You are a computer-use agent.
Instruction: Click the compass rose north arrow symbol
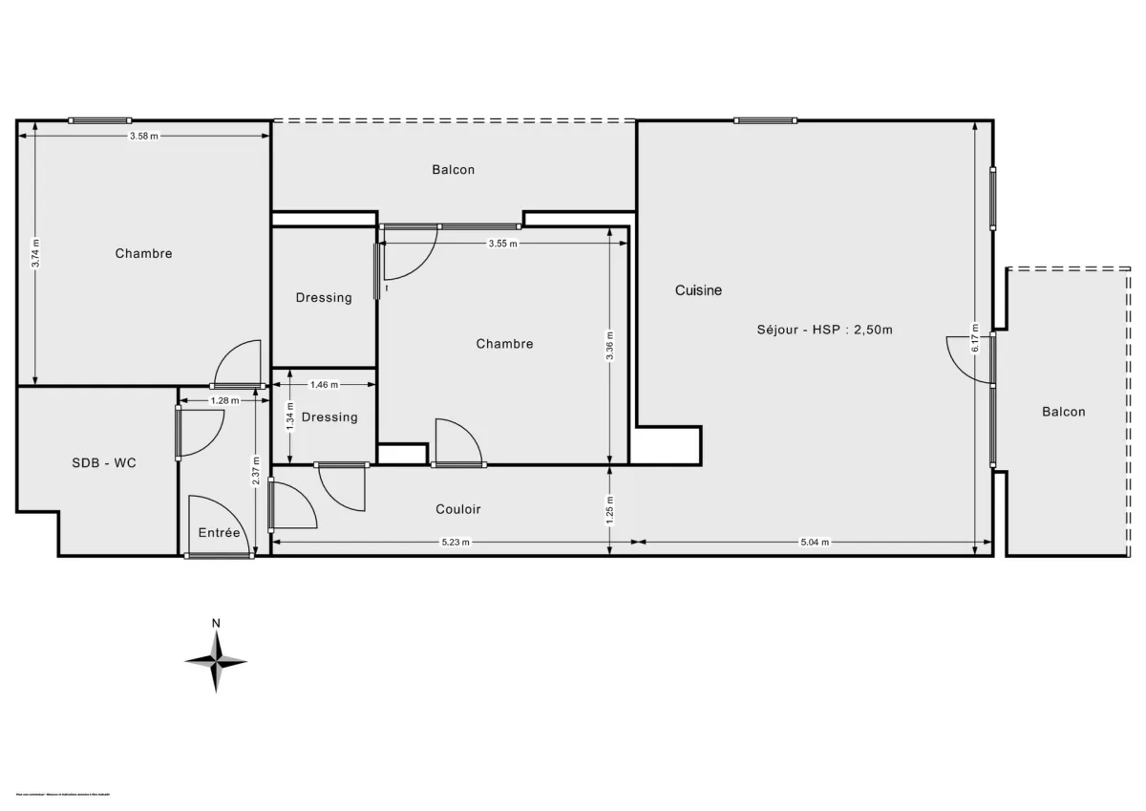[216, 660]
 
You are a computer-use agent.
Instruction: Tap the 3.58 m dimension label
[144, 137]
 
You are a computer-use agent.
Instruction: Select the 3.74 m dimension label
[35, 253]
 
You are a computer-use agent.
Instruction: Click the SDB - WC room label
[104, 462]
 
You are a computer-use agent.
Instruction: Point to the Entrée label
[219, 533]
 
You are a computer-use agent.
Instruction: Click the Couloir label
[458, 509]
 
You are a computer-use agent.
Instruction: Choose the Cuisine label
[698, 290]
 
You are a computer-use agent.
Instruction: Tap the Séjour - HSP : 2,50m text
[822, 330]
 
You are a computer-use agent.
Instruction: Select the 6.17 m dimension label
[975, 335]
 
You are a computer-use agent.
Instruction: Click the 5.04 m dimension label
[815, 542]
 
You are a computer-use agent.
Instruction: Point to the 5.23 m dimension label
[455, 542]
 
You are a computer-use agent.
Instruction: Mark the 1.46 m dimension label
[325, 385]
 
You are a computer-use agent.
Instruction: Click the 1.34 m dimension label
[289, 416]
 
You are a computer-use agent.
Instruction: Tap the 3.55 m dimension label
[502, 244]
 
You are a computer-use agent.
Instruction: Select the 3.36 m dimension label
[611, 346]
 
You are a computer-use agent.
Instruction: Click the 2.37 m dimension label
[255, 469]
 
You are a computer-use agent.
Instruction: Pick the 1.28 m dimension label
[225, 401]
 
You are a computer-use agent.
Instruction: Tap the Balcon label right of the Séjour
[1063, 412]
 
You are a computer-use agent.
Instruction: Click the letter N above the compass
[216, 624]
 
